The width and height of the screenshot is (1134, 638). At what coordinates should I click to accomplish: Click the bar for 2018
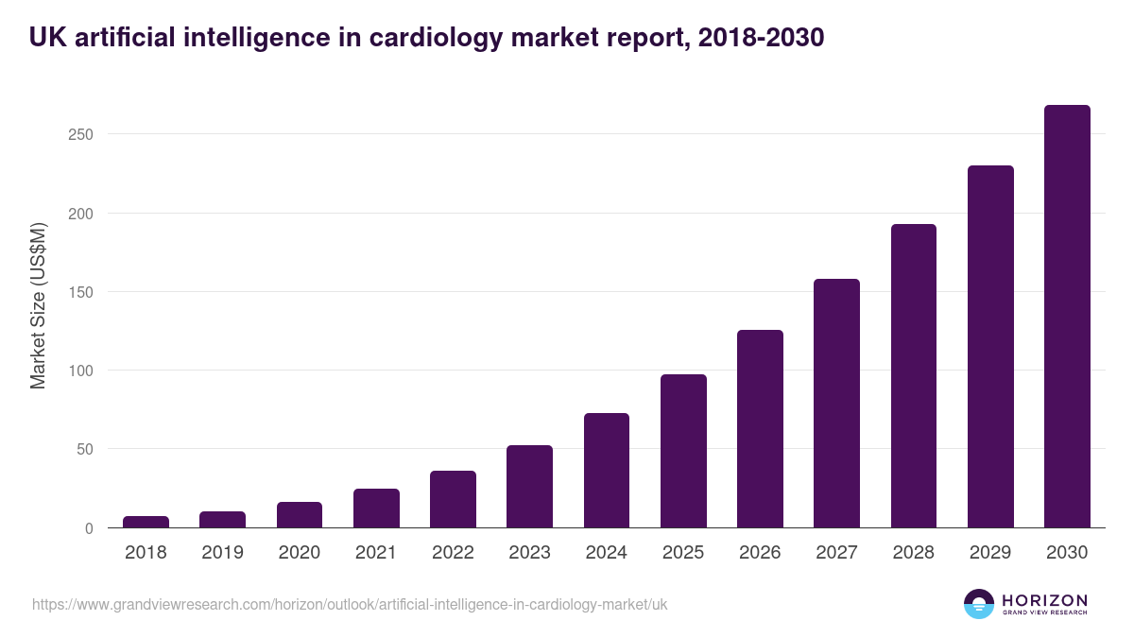click(x=146, y=522)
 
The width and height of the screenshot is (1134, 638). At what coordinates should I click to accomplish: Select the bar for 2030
click(x=1067, y=317)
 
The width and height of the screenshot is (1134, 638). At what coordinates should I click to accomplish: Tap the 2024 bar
click(x=607, y=471)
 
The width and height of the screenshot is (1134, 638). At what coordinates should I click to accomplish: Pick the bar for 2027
click(x=836, y=404)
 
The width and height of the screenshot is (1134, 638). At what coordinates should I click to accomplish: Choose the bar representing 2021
click(x=376, y=509)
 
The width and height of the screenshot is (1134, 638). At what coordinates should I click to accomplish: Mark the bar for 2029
click(x=990, y=347)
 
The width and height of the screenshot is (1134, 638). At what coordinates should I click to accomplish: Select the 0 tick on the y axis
click(x=89, y=528)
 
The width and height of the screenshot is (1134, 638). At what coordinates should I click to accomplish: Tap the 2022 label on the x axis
click(x=453, y=553)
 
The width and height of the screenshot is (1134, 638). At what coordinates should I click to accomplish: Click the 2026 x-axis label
click(x=760, y=553)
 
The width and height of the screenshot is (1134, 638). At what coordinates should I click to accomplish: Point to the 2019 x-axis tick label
click(x=222, y=553)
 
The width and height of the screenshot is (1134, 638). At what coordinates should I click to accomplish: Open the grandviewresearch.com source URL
click(x=350, y=604)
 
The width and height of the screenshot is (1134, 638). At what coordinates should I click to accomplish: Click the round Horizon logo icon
click(x=979, y=604)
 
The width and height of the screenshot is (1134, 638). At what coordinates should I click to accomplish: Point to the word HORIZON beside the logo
click(x=1044, y=600)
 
